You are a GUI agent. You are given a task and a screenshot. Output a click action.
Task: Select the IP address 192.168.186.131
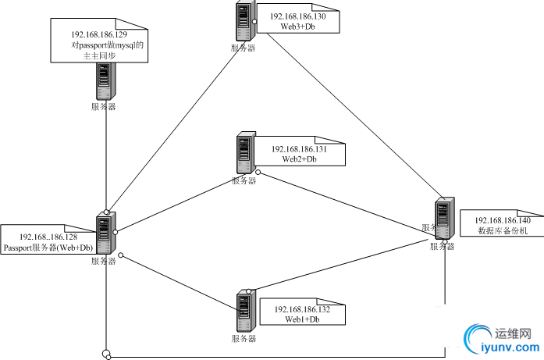304,148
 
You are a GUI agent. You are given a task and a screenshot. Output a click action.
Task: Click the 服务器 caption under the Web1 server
244,339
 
